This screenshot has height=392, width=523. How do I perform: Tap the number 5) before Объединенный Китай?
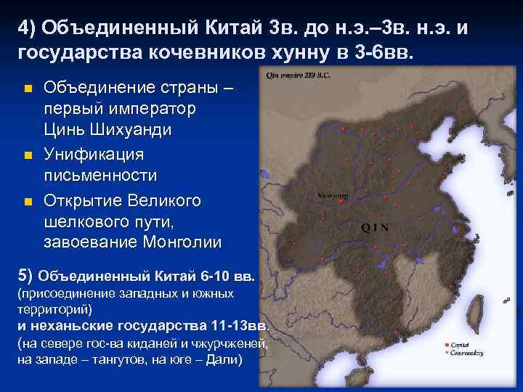[24, 275]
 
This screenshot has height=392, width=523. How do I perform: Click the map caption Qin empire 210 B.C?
[298, 74]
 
